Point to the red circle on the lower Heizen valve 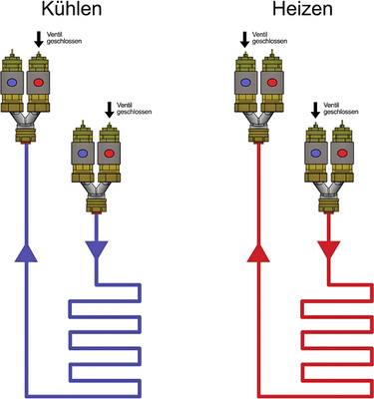(x=342, y=154)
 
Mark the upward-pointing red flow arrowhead (x=257, y=255)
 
